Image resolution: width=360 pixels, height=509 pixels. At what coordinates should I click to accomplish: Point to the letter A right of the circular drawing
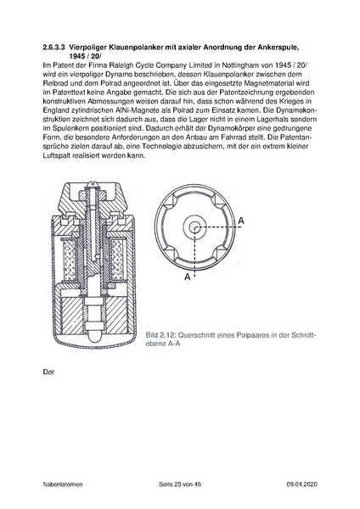point(242,221)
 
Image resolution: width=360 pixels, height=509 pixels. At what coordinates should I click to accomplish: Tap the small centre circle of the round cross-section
point(194,227)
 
